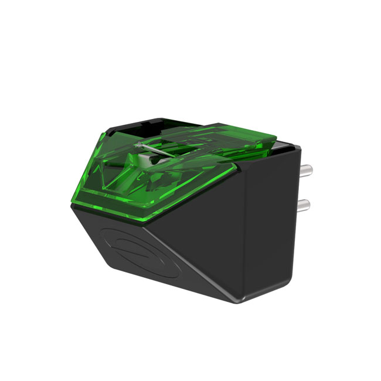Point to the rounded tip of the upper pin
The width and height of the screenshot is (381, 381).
[311, 171]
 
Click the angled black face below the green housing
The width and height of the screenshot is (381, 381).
[176, 246]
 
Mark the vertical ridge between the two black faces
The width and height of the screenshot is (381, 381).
[246, 234]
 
